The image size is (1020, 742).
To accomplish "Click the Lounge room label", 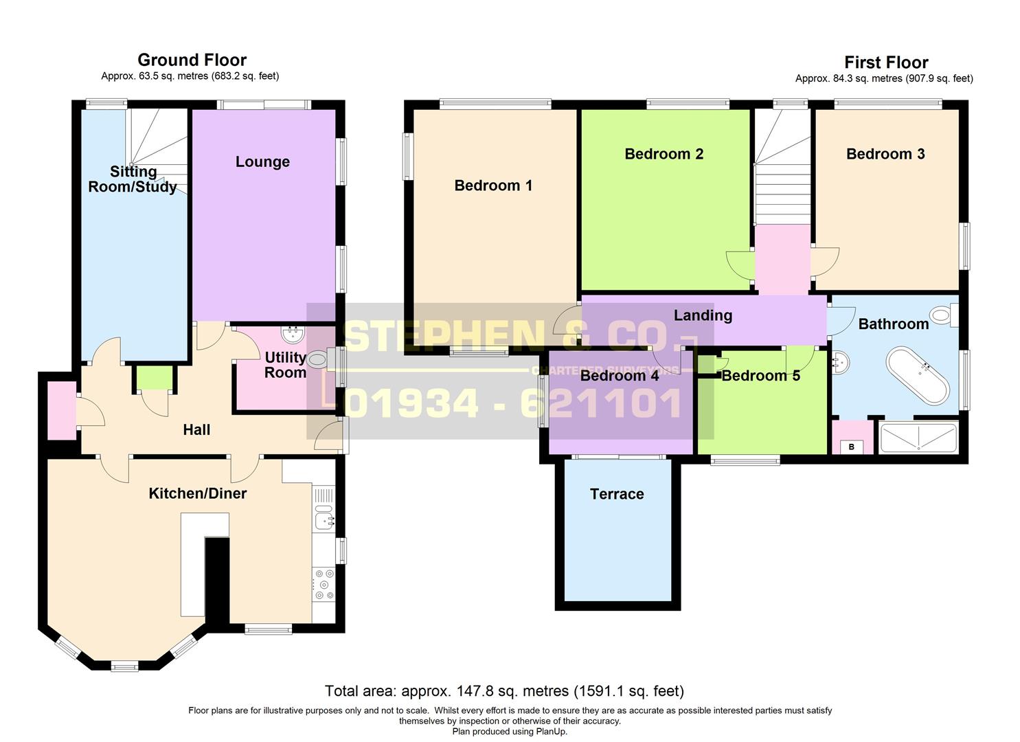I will [x=262, y=161].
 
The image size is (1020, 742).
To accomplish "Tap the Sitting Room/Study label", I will [x=133, y=179].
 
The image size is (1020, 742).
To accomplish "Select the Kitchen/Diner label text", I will [x=198, y=493].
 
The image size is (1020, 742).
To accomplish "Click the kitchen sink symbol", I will [x=324, y=521].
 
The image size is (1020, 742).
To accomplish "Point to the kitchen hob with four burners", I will [x=324, y=584].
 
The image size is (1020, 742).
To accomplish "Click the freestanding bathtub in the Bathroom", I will [x=918, y=375].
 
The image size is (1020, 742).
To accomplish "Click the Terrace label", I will [x=617, y=494].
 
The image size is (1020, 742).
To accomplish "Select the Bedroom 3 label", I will [x=885, y=154].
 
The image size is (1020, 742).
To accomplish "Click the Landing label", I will [x=703, y=315].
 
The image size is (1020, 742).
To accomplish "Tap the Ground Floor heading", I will [x=192, y=60].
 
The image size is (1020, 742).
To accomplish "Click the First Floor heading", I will [x=886, y=63].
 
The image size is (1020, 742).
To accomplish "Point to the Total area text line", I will [x=504, y=690].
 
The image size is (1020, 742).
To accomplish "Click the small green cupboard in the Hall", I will [x=155, y=378].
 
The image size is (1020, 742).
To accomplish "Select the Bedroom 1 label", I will [x=493, y=185].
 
